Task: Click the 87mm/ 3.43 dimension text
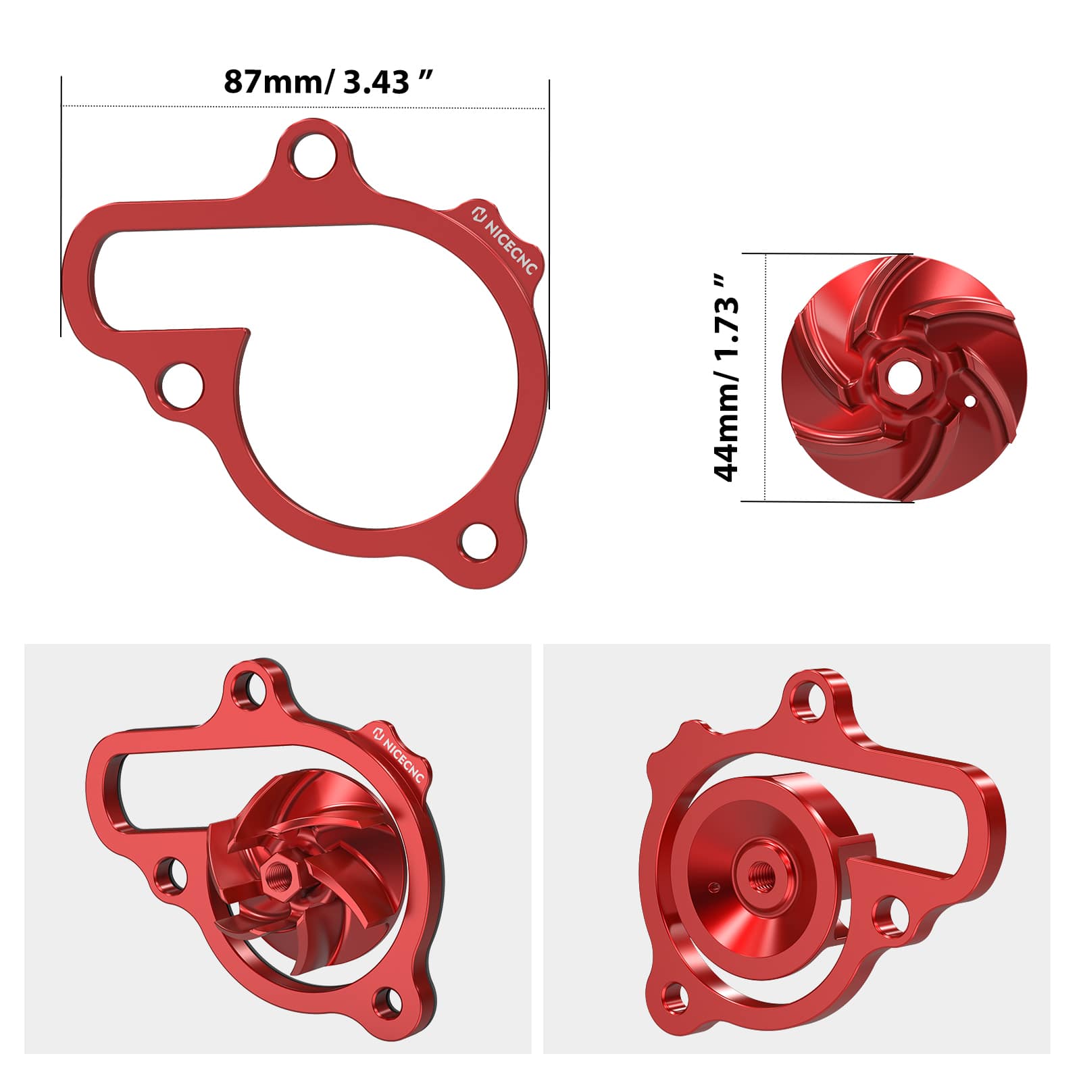coord(328,82)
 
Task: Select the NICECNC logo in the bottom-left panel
coord(399,753)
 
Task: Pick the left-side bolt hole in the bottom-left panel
coord(172,874)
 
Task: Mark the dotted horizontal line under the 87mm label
coord(304,106)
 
